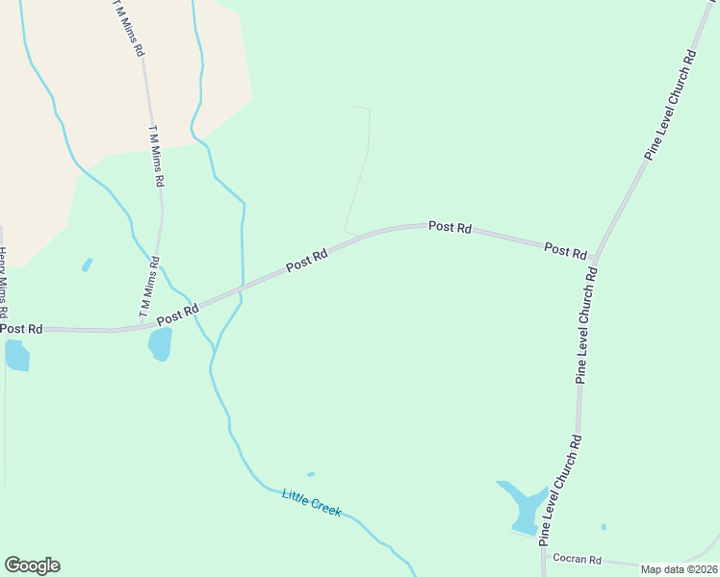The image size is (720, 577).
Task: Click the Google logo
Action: [x=32, y=565]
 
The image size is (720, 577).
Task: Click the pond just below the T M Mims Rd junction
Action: [x=160, y=343]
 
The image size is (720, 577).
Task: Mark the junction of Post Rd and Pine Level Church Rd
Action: [x=596, y=262]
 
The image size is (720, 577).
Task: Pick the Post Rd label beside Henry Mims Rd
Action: [x=21, y=329]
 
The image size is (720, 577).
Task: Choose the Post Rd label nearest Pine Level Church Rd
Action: [x=565, y=250]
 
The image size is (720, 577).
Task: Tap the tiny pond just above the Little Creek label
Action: [x=310, y=474]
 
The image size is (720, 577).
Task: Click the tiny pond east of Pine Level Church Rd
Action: [x=604, y=526]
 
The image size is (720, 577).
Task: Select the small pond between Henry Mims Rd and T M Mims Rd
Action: [x=88, y=264]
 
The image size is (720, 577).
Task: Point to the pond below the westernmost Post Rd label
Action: [x=17, y=356]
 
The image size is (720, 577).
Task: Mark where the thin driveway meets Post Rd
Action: [x=346, y=233]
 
